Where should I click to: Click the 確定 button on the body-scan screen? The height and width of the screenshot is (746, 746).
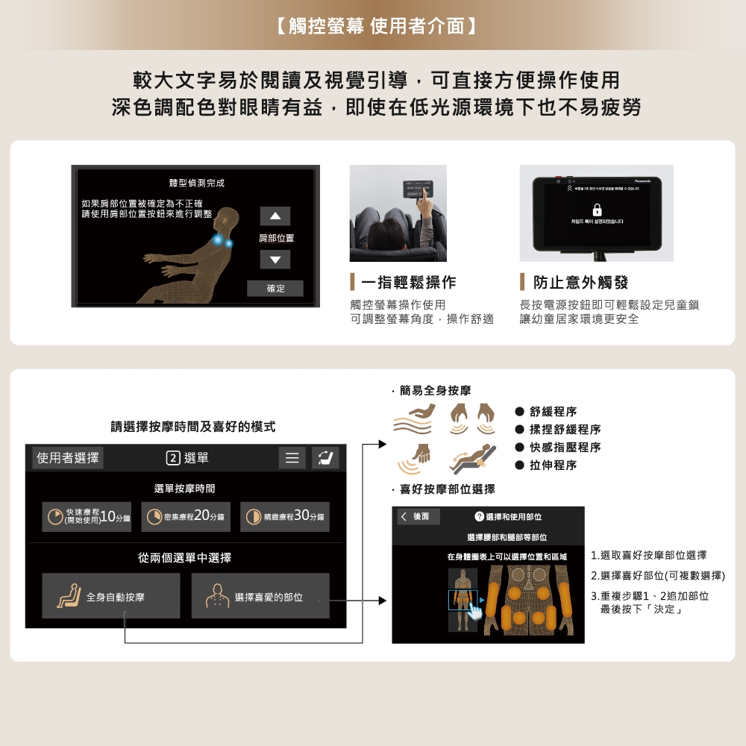(x=275, y=289)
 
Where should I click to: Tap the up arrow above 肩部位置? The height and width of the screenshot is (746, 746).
(x=275, y=216)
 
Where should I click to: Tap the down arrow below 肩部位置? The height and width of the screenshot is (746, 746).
(x=275, y=260)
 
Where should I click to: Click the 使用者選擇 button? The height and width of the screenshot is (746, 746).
(x=68, y=458)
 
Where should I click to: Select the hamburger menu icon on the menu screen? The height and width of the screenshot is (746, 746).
(x=292, y=458)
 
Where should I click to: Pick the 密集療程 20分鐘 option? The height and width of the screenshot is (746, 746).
(x=186, y=517)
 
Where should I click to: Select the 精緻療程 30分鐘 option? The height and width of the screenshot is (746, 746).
(x=285, y=517)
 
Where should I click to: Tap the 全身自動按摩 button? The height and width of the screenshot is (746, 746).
(x=111, y=596)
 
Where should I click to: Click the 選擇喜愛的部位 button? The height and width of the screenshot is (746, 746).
(x=260, y=596)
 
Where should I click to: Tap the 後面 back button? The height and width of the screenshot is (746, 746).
(x=419, y=517)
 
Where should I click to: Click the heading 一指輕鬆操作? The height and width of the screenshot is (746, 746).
(x=408, y=283)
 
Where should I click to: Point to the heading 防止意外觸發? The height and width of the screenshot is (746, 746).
(x=580, y=283)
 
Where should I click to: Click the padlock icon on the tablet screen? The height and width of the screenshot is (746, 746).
(x=597, y=210)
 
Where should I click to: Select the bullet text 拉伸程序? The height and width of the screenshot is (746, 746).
(x=553, y=466)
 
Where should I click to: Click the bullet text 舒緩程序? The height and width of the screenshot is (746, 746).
(x=553, y=412)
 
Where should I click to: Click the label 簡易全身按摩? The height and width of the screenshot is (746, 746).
(x=435, y=390)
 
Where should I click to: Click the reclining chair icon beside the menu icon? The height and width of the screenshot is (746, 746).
(x=325, y=458)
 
